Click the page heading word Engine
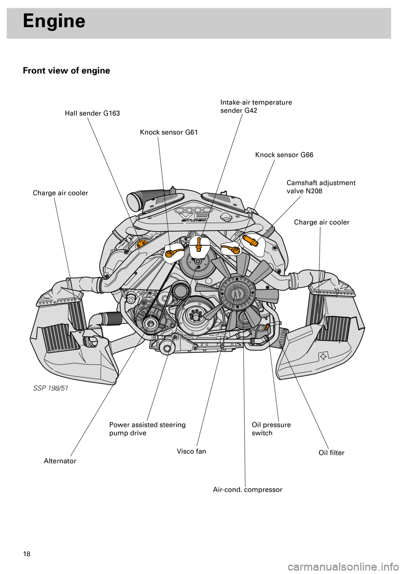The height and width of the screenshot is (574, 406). (x=54, y=21)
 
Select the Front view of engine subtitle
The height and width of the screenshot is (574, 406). (x=66, y=71)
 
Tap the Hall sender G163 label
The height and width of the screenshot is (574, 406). (x=92, y=113)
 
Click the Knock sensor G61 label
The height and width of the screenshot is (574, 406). (x=169, y=132)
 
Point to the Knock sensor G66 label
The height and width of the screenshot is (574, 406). (x=284, y=155)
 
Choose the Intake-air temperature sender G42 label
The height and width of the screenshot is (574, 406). (x=256, y=107)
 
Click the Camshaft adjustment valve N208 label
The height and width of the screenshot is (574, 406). (x=321, y=187)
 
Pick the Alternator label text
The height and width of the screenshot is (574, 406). (x=60, y=461)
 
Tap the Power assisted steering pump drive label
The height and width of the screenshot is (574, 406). (x=147, y=429)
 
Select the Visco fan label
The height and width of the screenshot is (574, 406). (x=191, y=451)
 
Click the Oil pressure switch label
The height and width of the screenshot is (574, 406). (x=271, y=429)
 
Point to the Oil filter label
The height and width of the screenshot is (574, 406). (x=331, y=453)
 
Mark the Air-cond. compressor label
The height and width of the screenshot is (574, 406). (x=247, y=490)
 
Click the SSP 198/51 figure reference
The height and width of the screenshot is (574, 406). (x=50, y=388)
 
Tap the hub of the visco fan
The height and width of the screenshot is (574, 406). (x=236, y=290)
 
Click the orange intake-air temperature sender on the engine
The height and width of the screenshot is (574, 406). (x=198, y=244)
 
